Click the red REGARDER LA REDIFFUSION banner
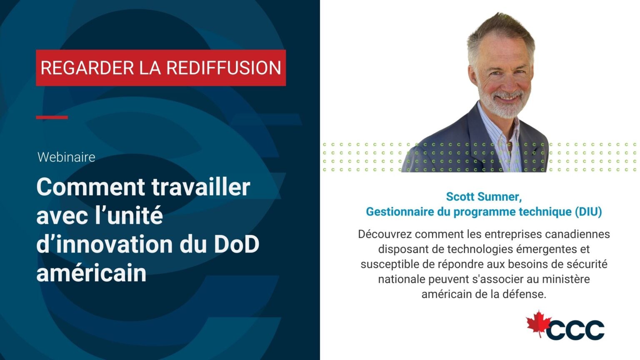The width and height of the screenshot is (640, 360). click(x=160, y=68)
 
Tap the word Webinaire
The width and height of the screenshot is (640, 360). click(x=66, y=157)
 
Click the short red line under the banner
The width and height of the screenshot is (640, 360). click(x=52, y=117)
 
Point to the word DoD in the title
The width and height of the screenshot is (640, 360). click(x=236, y=245)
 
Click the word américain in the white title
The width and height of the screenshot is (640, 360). click(x=91, y=273)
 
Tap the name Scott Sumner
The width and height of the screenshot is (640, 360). click(x=483, y=196)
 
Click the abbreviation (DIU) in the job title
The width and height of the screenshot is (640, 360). click(x=588, y=212)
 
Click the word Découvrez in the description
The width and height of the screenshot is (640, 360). click(x=385, y=234)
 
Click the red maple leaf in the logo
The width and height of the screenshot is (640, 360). click(x=538, y=323)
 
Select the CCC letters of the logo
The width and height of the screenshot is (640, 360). click(x=576, y=330)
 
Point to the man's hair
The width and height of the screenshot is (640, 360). click(x=500, y=31)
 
